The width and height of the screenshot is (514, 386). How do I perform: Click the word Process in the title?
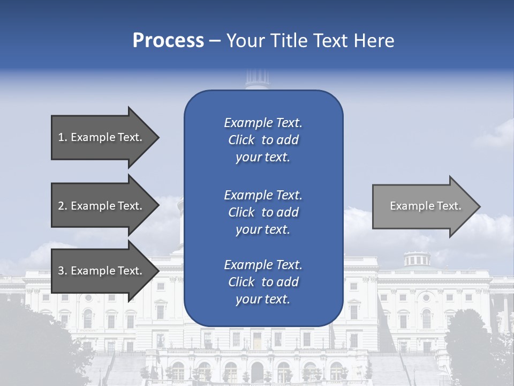tap(168, 41)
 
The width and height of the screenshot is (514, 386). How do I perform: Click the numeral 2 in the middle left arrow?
tap(61, 206)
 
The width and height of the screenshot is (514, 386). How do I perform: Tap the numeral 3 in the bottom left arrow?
tap(61, 271)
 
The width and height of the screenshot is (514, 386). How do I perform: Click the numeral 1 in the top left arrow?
tap(61, 137)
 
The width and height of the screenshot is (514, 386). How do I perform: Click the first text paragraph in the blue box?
tap(263, 140)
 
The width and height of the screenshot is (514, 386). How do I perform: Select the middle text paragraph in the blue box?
tap(263, 212)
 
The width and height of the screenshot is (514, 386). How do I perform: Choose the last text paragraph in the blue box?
tap(263, 282)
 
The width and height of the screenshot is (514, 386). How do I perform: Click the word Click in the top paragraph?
tap(241, 140)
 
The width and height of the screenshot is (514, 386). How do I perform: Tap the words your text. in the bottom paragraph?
tap(263, 299)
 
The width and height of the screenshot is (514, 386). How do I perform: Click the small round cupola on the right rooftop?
tap(416, 258)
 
